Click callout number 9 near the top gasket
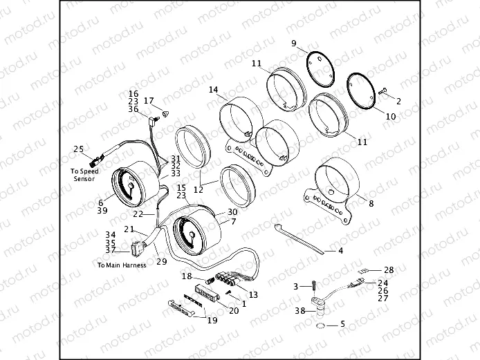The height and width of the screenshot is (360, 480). point(293,44)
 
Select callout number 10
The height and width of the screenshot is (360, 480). point(390,117)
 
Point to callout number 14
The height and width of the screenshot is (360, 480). point(213,90)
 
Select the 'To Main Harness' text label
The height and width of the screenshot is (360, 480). point(122,265)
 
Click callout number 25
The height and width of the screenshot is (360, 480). point(78,149)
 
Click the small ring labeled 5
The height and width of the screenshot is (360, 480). point(320,324)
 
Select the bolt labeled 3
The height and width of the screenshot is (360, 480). point(313,285)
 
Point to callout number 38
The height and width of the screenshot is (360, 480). point(299,312)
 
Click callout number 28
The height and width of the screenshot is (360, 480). point(388,269)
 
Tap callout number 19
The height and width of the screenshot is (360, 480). point(212,320)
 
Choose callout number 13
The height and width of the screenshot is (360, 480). point(253,294)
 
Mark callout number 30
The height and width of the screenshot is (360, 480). point(232,212)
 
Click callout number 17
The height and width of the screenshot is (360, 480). point(148,101)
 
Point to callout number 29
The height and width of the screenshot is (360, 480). point(161,261)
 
